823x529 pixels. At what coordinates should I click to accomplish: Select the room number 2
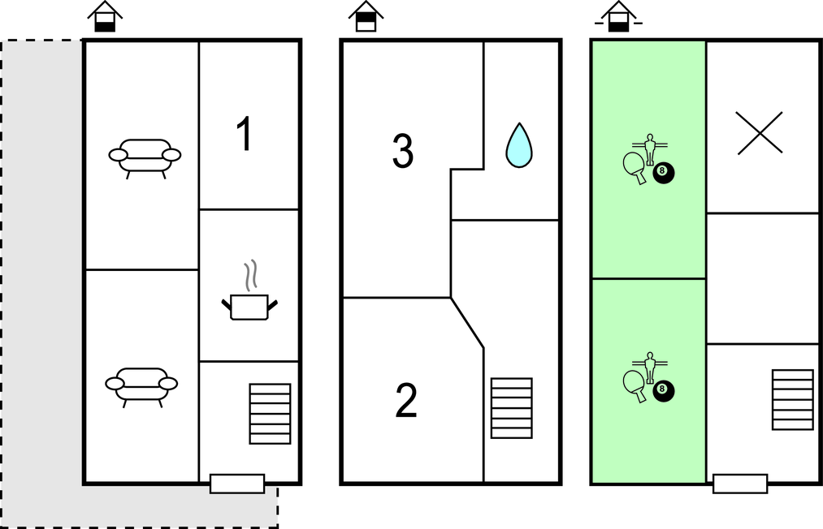(406, 402)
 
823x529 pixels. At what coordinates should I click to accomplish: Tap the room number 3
(403, 152)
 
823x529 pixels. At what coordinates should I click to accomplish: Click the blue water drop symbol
(519, 145)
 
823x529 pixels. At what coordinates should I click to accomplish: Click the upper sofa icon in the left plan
(145, 157)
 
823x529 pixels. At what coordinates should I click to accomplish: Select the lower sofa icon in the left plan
(141, 385)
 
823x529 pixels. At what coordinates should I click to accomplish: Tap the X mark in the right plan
(760, 133)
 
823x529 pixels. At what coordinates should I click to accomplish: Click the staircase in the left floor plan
(270, 414)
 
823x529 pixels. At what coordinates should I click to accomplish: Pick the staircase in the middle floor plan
(512, 407)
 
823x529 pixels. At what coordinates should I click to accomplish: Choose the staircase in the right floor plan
(792, 399)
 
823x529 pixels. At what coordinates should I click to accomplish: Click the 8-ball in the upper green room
(663, 172)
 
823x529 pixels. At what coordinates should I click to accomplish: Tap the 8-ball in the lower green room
(663, 391)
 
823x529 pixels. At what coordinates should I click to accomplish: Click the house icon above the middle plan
(366, 17)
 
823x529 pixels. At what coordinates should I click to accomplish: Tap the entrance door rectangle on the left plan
(237, 484)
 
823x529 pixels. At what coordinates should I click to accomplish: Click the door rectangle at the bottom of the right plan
(740, 484)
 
